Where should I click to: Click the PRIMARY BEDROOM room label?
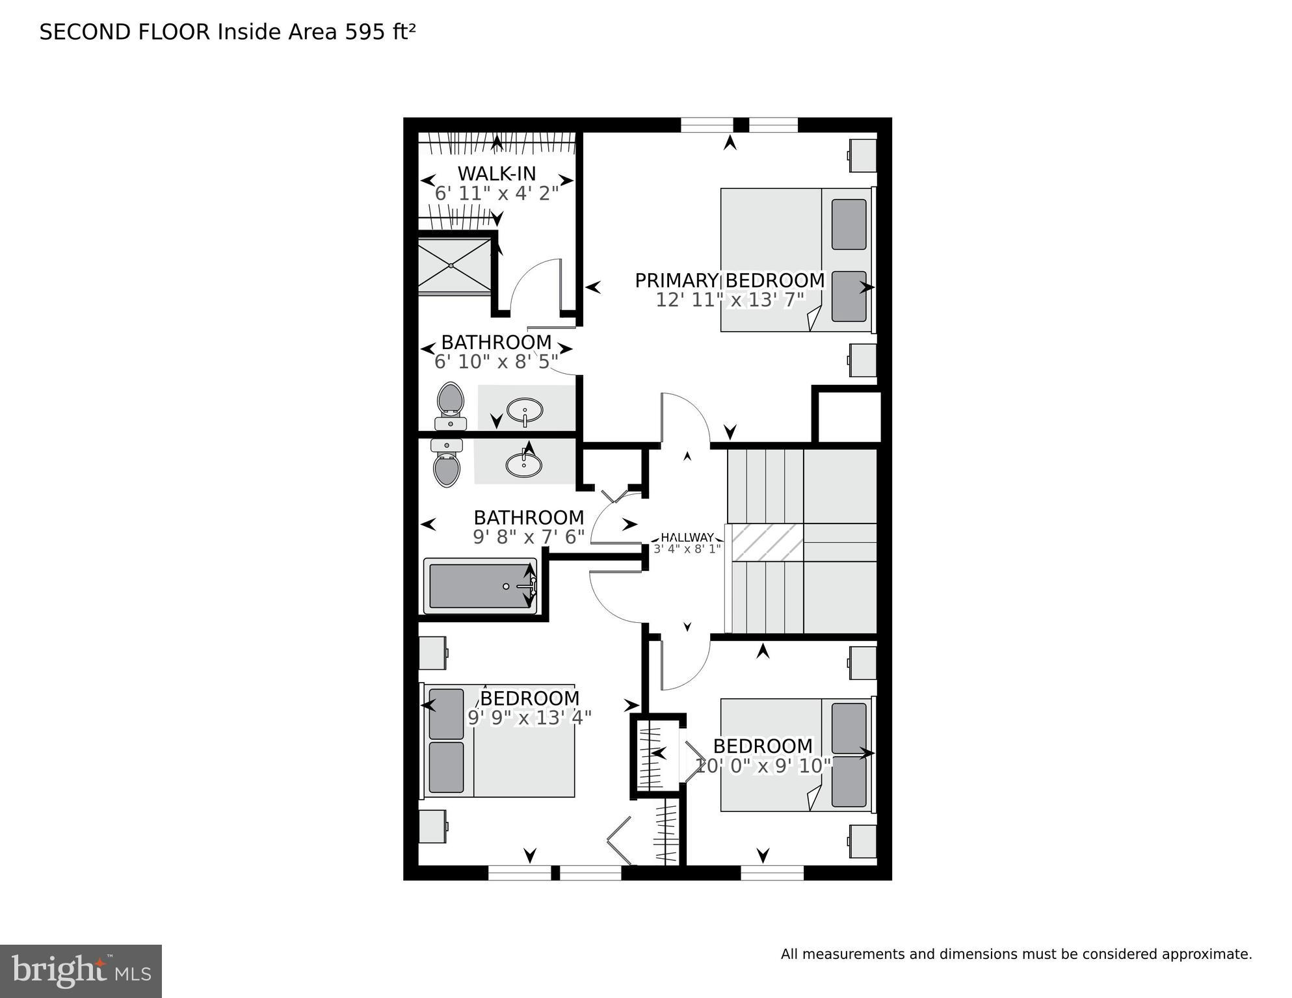click(730, 280)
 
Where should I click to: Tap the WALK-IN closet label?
click(497, 174)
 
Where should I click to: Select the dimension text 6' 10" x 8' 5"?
click(496, 361)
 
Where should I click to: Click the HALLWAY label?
click(687, 538)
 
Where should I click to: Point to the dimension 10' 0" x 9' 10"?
click(763, 766)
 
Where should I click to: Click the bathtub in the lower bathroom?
click(480, 586)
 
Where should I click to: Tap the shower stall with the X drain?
click(454, 265)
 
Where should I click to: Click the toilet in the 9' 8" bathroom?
click(447, 463)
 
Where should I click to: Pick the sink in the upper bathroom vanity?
click(525, 411)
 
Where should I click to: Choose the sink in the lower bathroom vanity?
click(523, 464)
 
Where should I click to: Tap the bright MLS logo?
click(81, 971)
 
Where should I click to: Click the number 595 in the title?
click(365, 32)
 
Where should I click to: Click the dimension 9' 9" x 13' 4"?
click(529, 718)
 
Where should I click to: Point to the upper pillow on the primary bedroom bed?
click(849, 224)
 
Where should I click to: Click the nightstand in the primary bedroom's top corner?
click(863, 155)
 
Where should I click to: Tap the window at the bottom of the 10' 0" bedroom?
click(772, 873)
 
